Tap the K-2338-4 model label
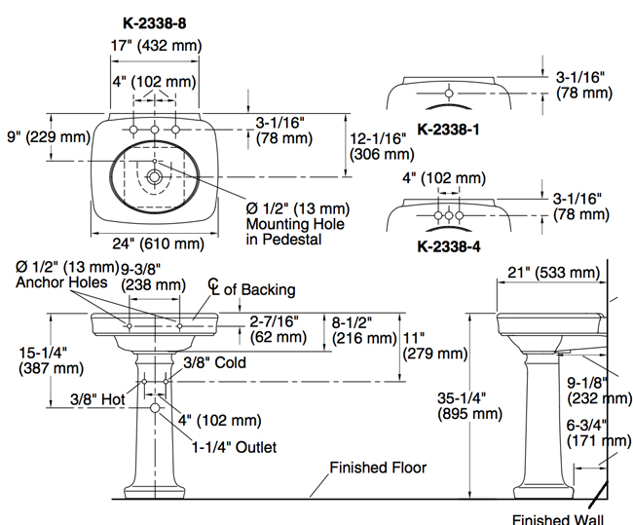(x=447, y=246)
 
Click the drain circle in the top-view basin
(x=154, y=178)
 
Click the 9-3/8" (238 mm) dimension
(x=153, y=278)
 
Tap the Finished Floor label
(x=378, y=468)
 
